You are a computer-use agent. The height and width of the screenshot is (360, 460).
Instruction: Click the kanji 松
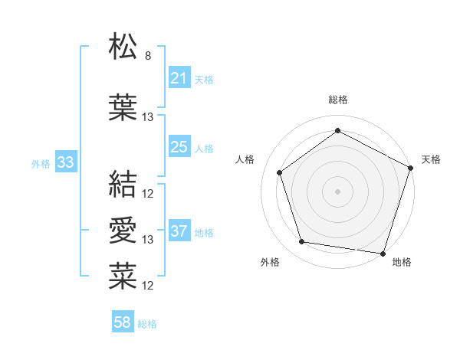click(x=123, y=47)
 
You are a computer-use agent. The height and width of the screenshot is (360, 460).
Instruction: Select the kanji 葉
click(x=123, y=108)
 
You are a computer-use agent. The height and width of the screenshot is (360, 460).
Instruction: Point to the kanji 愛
click(x=123, y=230)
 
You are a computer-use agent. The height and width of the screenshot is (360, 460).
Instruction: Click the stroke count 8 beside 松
click(x=147, y=56)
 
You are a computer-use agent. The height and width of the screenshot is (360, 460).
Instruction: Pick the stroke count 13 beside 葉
click(x=148, y=117)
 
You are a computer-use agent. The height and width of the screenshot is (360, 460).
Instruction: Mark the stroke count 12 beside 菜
click(x=148, y=286)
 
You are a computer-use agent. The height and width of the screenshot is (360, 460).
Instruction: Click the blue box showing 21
click(x=179, y=77)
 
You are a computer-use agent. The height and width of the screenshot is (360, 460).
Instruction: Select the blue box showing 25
click(x=179, y=146)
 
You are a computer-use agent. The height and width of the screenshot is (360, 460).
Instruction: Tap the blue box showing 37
click(x=179, y=231)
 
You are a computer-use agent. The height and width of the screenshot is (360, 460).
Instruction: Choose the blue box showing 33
click(x=65, y=162)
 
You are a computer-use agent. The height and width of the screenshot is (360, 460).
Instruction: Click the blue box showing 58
click(x=123, y=322)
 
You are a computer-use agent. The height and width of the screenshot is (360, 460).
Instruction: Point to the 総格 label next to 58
click(x=147, y=324)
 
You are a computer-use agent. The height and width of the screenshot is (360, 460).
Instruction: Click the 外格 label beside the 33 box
click(x=40, y=163)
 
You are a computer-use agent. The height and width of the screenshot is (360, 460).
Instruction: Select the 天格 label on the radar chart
click(x=431, y=159)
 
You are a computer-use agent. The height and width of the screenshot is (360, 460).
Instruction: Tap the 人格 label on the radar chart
click(x=245, y=159)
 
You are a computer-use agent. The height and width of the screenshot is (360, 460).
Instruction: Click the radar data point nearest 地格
click(x=383, y=253)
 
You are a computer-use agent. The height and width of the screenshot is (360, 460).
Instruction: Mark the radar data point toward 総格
click(x=337, y=130)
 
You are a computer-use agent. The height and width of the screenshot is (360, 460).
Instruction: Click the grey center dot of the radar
click(x=337, y=191)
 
